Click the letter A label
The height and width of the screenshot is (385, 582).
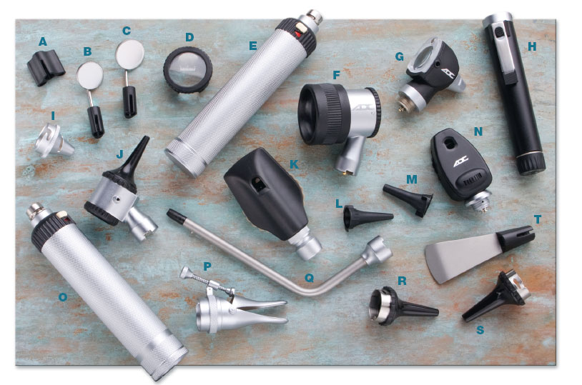click(43, 41)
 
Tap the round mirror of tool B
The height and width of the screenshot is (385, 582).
click(90, 76)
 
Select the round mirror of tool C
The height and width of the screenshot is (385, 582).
click(129, 54)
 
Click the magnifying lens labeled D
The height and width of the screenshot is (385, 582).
click(188, 70)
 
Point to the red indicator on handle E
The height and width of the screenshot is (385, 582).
click(297, 34)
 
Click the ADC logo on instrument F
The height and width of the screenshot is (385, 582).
click(362, 108)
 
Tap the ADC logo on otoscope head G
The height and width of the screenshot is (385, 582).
click(448, 74)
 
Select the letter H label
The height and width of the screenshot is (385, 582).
click(532, 46)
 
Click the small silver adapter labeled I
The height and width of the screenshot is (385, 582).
click(54, 141)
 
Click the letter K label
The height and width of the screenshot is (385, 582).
click(294, 164)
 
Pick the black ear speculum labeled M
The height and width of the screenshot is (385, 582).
click(408, 199)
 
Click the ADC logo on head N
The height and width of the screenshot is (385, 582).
click(460, 161)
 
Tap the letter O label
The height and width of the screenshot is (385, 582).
click(63, 297)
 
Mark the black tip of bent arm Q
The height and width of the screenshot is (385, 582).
click(175, 216)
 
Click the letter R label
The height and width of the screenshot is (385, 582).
click(402, 281)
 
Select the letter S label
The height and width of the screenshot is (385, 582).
click(480, 330)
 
